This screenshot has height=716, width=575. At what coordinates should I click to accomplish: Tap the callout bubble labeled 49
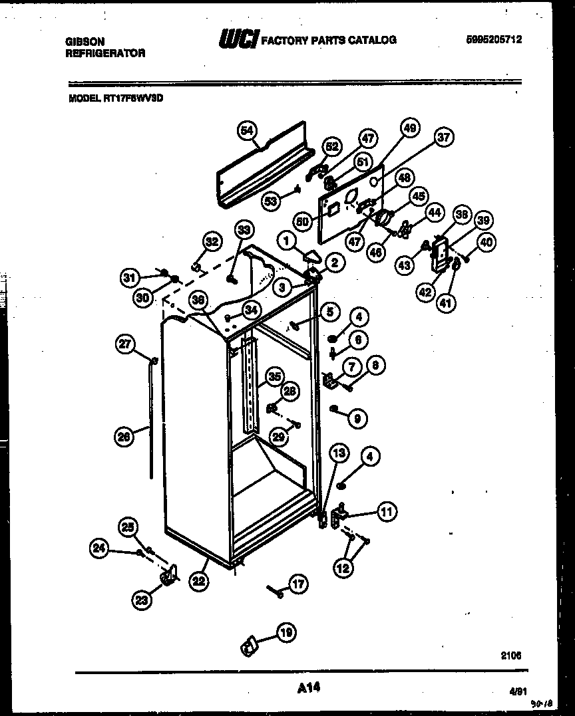tap(410, 128)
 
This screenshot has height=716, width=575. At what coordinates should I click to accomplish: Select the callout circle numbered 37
tap(443, 138)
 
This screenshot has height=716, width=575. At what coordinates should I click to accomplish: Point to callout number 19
tap(286, 634)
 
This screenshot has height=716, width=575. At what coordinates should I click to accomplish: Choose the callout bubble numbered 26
tap(124, 437)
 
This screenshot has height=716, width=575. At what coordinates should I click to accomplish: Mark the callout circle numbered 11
tap(386, 511)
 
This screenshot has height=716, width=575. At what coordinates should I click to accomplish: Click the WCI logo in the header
tap(238, 41)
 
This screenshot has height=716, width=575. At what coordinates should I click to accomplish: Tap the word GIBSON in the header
tap(85, 41)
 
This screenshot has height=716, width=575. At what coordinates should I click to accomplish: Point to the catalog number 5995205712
tap(493, 40)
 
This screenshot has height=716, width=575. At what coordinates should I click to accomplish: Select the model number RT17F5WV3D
tap(134, 97)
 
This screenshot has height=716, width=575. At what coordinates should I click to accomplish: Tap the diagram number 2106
tap(510, 656)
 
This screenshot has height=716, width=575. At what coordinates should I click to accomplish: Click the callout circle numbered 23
tap(142, 600)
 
